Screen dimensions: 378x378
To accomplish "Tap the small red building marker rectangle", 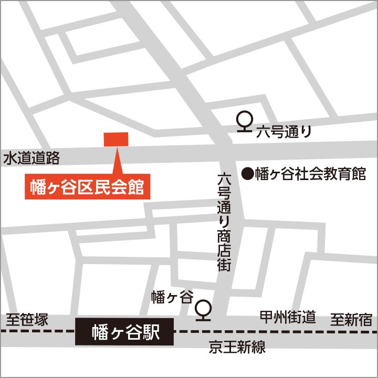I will tap(116, 139).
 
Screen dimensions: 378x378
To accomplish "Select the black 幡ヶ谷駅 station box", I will tap(124, 331).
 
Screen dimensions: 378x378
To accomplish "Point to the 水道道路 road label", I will tap(31, 157).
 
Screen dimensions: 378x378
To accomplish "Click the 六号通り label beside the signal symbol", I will tap(284, 132).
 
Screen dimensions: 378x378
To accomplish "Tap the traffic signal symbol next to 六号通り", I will tap(245, 122).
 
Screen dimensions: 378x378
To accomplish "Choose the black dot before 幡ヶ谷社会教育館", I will tap(247, 173).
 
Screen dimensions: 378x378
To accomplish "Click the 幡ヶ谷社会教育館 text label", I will tap(310, 174).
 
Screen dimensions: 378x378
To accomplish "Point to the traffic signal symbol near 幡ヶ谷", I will tap(203, 310).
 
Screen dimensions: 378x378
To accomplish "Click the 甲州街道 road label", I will tap(288, 317).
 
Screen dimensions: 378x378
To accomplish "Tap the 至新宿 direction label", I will tap(351, 319).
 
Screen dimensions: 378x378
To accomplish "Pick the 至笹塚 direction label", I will tap(27, 319).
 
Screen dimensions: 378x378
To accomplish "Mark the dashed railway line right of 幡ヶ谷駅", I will tap(273, 332).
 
